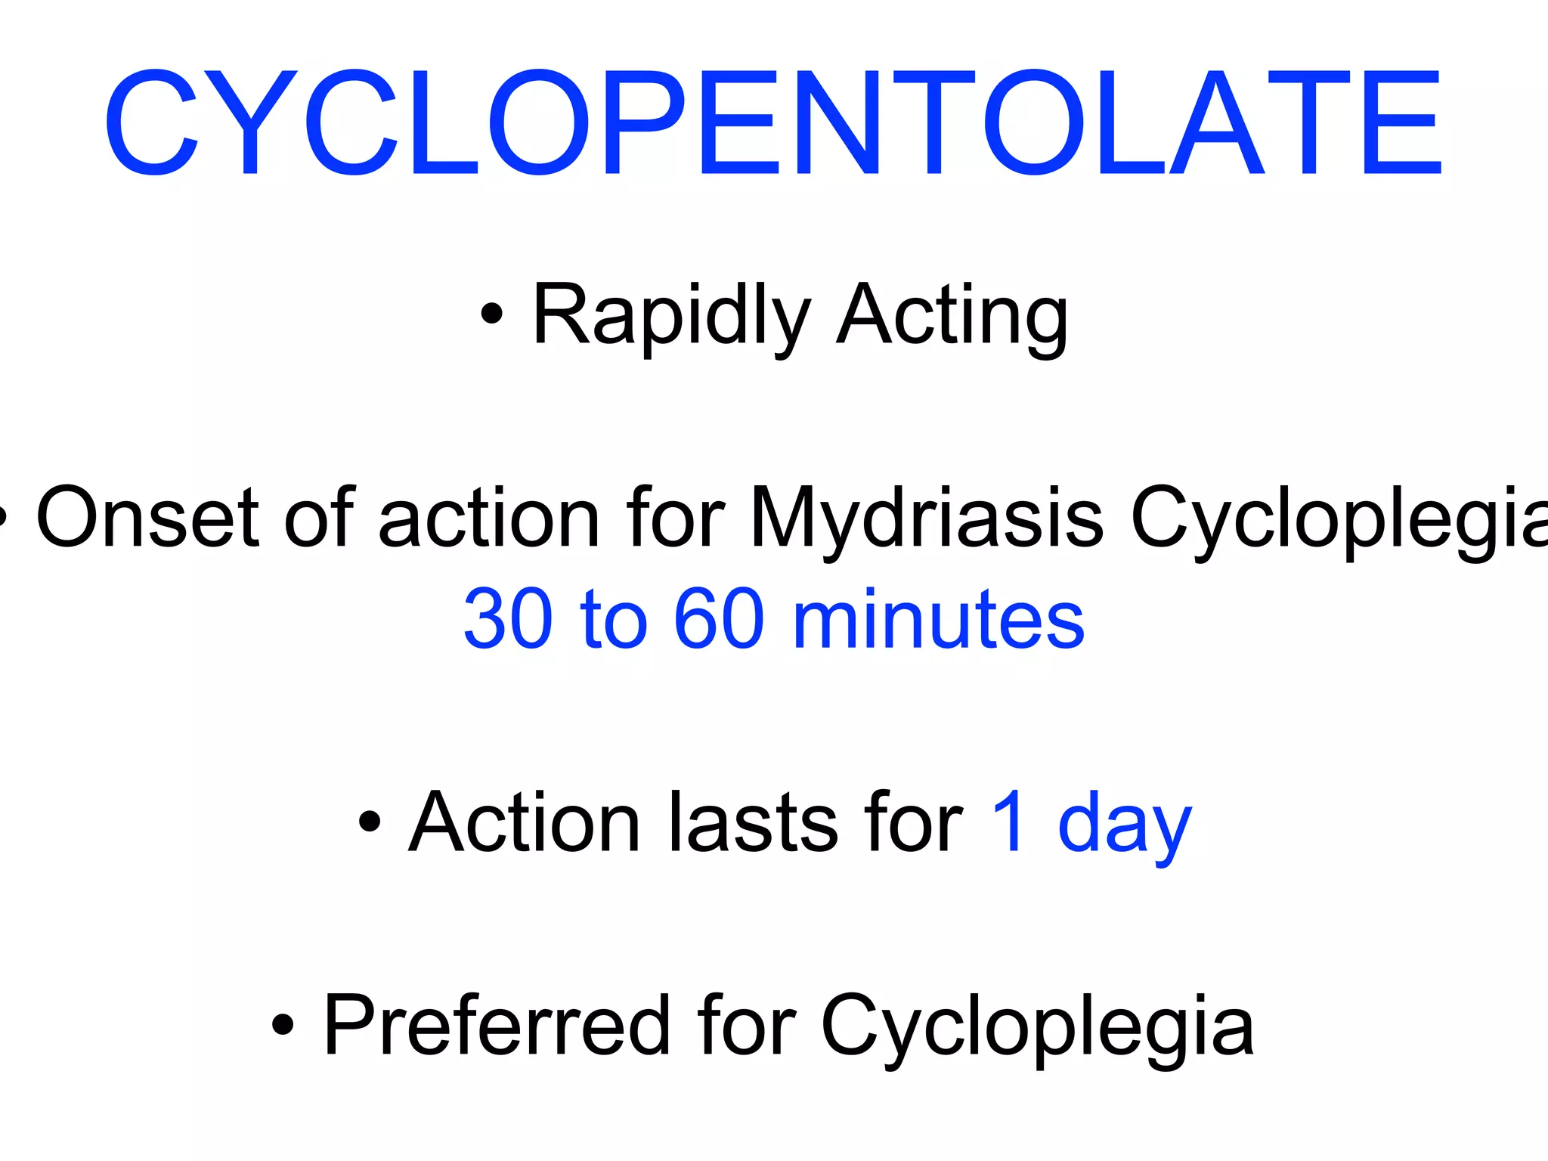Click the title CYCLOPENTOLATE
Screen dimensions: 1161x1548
click(772, 123)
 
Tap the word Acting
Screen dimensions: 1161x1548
click(952, 315)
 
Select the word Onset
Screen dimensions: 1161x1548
click(148, 519)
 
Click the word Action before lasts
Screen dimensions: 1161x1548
click(525, 822)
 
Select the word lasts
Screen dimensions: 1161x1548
click(753, 822)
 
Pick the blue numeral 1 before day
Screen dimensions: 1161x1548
click(1010, 822)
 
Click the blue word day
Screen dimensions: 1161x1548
click(1124, 828)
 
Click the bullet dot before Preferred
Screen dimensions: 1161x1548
click(283, 1025)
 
